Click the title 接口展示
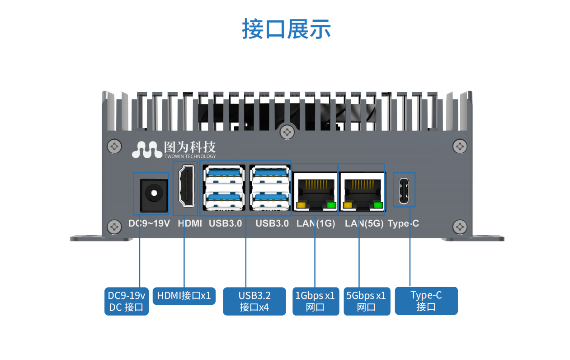(x=287, y=28)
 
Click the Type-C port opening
(x=404, y=190)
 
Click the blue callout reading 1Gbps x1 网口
(x=315, y=302)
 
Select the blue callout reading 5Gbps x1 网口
(x=366, y=302)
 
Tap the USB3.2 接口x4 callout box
(x=254, y=302)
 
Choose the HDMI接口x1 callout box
(x=184, y=296)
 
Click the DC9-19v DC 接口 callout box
(x=126, y=302)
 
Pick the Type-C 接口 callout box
(x=426, y=301)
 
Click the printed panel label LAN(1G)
(x=316, y=223)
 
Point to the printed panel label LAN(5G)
(x=364, y=223)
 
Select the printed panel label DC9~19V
(x=149, y=223)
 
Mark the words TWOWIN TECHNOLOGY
(x=190, y=156)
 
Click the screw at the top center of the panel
(x=287, y=132)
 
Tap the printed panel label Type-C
(x=403, y=223)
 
